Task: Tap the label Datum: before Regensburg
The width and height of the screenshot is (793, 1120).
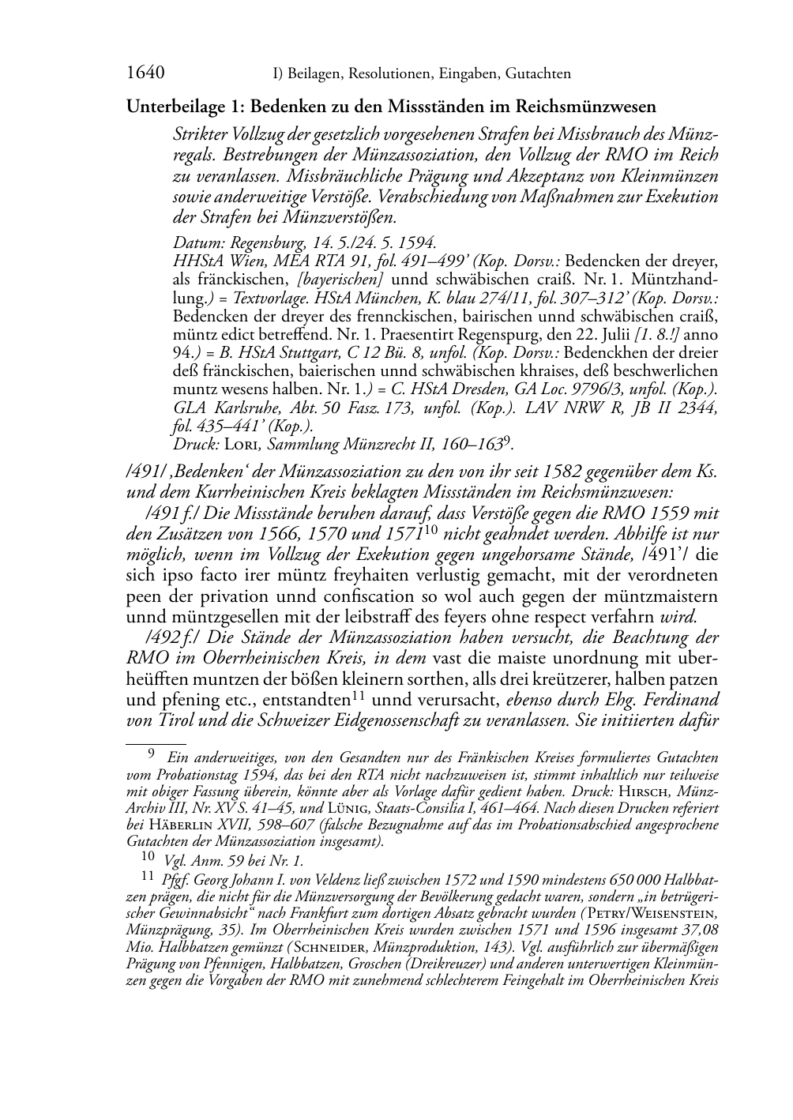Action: pos(195,242)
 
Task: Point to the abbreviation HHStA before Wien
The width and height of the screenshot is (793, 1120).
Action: pos(194,260)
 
